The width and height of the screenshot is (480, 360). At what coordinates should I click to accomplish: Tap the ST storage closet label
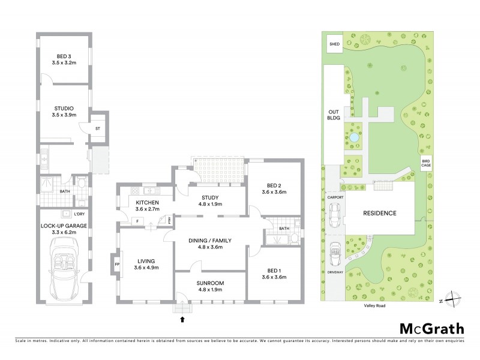tap(97, 128)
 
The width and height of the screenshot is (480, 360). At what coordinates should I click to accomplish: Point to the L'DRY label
tap(79, 214)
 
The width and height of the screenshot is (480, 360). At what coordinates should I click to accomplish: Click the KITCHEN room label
tap(146, 202)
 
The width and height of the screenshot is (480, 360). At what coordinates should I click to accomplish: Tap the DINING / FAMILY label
tap(210, 240)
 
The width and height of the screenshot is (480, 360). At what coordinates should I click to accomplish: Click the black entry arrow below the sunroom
tap(182, 320)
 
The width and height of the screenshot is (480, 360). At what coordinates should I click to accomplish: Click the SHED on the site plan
tap(334, 44)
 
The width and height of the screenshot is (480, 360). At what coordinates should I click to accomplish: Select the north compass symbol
tap(454, 297)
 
